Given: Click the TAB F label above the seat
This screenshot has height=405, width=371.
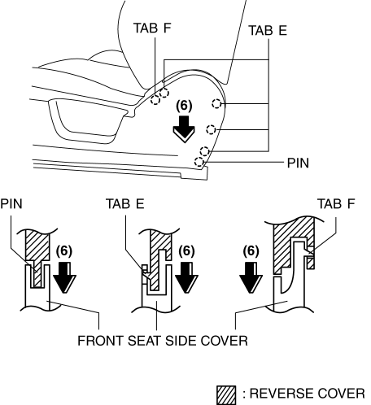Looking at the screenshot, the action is [x=152, y=28].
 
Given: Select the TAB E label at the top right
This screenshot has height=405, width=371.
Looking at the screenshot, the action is [x=268, y=30].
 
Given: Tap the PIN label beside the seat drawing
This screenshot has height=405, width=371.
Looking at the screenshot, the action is [x=298, y=163].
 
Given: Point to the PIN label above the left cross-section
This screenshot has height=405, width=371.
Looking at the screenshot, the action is [x=11, y=204].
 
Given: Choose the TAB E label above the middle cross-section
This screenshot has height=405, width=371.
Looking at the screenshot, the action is [x=125, y=204].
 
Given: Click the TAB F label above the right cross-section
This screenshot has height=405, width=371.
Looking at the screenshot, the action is [x=336, y=204].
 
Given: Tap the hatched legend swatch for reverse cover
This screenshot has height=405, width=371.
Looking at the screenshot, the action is [x=226, y=395].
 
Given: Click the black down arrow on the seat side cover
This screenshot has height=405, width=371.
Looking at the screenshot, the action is [x=184, y=129].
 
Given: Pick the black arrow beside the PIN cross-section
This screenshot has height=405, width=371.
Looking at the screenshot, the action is [x=64, y=277].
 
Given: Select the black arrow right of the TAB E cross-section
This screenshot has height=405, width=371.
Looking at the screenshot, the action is [x=186, y=277].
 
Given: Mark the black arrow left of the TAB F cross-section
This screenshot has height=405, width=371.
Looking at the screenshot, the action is [x=251, y=277].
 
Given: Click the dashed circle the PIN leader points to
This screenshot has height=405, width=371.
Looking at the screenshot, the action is [x=199, y=162].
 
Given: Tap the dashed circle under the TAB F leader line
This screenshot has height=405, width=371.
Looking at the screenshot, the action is [x=155, y=100].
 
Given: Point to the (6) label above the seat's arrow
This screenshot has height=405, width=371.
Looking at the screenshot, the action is [x=184, y=106].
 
